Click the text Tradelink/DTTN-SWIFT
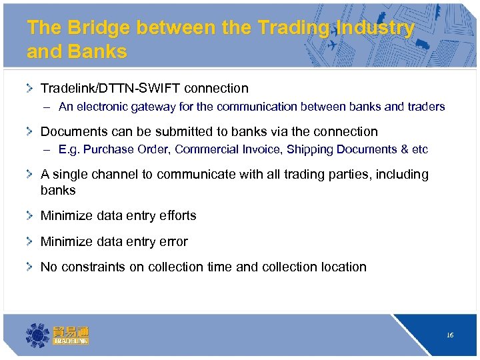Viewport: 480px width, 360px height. pyautogui.click(x=111, y=88)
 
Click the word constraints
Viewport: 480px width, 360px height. pyautogui.click(x=91, y=267)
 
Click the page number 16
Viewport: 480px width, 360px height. pyautogui.click(x=450, y=335)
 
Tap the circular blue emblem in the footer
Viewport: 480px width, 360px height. pyautogui.click(x=37, y=335)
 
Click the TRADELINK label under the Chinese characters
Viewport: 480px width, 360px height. pyautogui.click(x=71, y=341)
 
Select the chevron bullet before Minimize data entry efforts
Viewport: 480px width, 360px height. pyautogui.click(x=30, y=215)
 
